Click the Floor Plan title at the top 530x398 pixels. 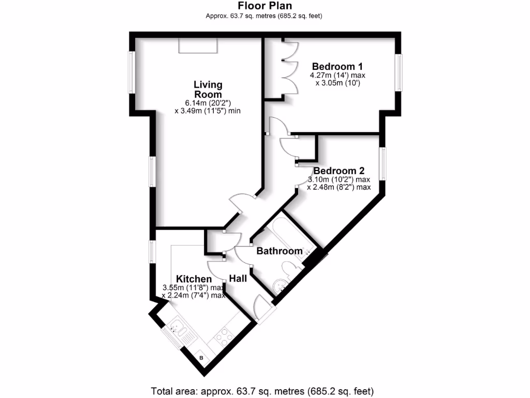click(x=264, y=6)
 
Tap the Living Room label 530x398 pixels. click(x=208, y=89)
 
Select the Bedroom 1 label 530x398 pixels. click(x=337, y=66)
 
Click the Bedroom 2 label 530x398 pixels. click(x=339, y=171)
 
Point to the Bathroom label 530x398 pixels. click(x=279, y=251)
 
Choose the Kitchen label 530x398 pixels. click(x=194, y=279)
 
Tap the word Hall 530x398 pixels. click(x=238, y=279)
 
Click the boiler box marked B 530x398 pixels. click(x=201, y=358)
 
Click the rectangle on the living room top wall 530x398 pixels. click(x=198, y=45)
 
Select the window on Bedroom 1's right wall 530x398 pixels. click(x=399, y=73)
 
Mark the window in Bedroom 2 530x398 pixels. click(x=383, y=163)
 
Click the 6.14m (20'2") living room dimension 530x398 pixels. click(x=208, y=103)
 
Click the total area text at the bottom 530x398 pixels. click(x=262, y=390)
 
